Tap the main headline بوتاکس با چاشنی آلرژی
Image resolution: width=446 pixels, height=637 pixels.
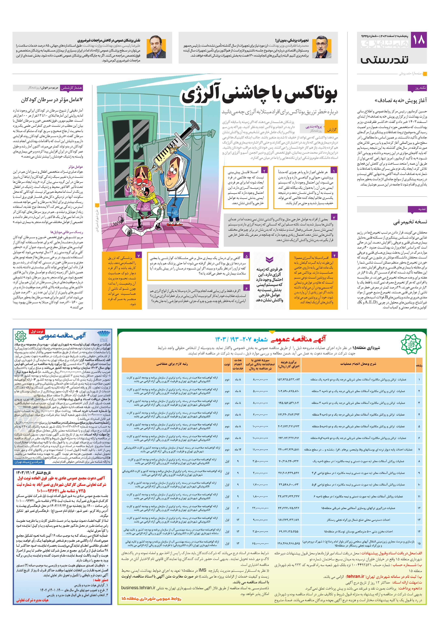point(259,95)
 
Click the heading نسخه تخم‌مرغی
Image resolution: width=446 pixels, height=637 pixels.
point(410,222)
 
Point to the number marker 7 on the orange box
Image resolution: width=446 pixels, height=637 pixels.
point(138,255)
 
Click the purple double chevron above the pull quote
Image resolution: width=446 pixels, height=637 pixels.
point(269,260)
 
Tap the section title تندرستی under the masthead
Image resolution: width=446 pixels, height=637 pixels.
point(384,59)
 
